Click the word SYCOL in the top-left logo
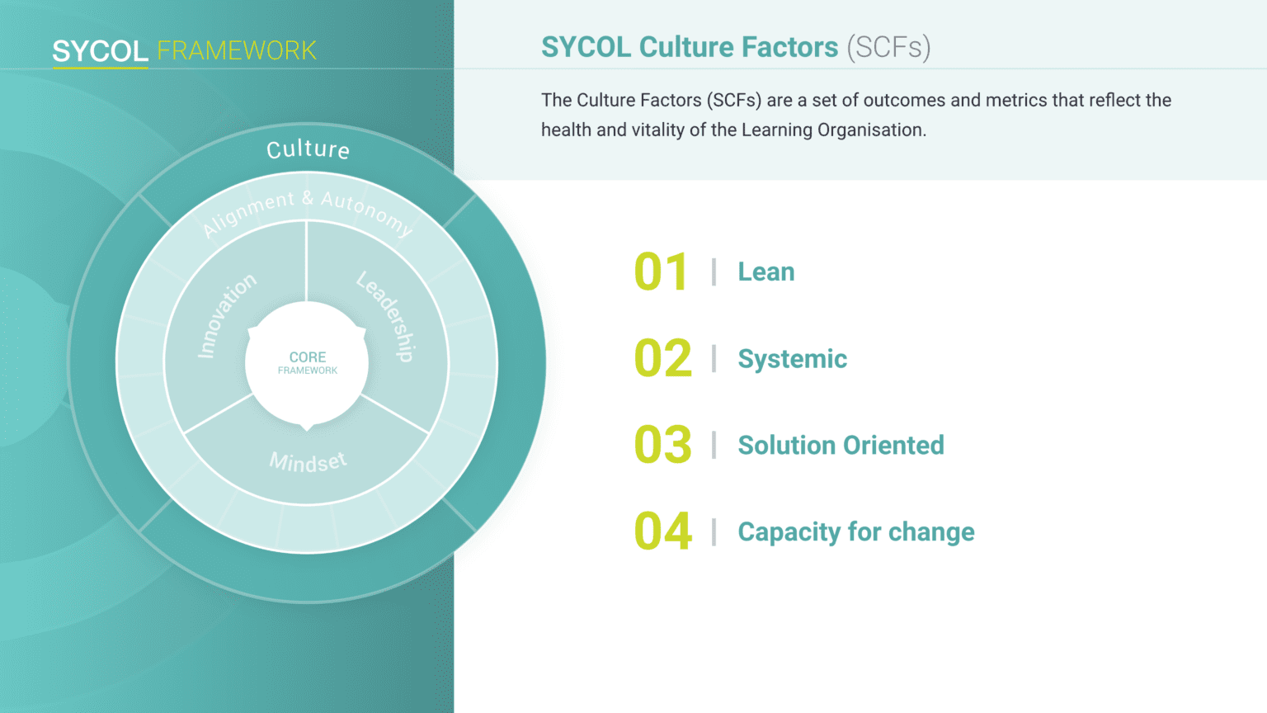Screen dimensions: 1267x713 100,51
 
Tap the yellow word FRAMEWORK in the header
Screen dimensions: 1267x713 237,51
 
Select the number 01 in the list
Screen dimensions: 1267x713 661,272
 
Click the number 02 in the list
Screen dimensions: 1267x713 663,358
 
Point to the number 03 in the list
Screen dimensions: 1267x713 663,445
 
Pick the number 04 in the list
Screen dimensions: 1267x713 663,531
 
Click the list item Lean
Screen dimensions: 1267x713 766,272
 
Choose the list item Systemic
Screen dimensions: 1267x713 793,359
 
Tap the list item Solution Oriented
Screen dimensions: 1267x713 841,445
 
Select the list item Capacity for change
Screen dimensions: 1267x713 856,532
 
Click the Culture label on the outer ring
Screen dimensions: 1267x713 309,150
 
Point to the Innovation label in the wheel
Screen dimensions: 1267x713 226,315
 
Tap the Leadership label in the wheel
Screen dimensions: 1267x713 386,316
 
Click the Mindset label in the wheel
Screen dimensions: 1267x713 308,462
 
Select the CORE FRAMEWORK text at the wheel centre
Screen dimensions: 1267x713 308,363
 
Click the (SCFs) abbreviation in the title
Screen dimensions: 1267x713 888,48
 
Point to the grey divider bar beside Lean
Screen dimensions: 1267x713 714,272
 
